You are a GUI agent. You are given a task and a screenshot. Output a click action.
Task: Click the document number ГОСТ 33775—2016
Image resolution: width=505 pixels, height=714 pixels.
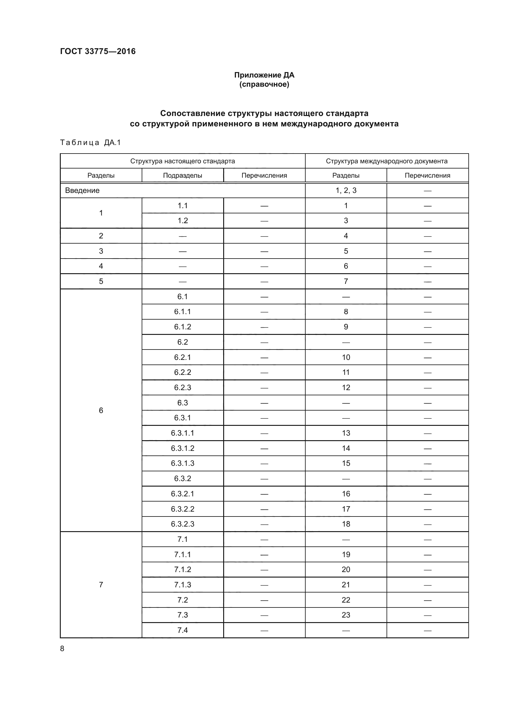pos(98,51)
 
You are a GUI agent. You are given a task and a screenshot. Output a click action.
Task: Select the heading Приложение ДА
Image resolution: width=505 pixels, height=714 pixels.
pos(264,75)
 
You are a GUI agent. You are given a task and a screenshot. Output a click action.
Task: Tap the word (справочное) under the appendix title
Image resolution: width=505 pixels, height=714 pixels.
pos(264,85)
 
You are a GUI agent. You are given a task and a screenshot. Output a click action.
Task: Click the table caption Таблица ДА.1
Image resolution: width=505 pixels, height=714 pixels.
pos(90,143)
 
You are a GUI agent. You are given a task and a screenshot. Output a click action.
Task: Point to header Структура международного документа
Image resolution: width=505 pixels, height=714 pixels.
pos(387,161)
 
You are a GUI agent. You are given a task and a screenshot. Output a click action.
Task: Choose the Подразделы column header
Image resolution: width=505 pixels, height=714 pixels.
pos(183,176)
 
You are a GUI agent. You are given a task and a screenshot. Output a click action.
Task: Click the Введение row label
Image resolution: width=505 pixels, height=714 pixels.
pos(82,190)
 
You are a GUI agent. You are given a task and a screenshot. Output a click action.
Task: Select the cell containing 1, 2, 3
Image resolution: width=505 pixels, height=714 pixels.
pos(346,190)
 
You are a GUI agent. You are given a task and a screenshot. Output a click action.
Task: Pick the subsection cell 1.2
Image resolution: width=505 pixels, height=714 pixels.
pos(183,220)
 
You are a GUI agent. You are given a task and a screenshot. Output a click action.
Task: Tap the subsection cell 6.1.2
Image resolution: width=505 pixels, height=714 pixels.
pos(183,327)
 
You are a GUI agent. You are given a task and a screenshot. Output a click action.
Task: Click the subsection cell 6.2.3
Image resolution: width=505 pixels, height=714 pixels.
pos(183,387)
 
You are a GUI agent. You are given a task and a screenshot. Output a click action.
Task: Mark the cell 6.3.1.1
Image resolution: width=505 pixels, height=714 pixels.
pos(183,433)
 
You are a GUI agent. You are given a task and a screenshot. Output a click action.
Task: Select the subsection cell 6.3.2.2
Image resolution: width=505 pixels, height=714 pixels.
pos(183,509)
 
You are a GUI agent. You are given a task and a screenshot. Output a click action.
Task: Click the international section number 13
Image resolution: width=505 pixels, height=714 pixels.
pos(346,433)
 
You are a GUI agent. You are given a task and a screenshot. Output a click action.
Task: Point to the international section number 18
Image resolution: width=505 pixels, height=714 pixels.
pos(346,524)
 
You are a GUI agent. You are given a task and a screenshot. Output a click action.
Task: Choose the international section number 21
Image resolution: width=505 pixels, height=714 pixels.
pos(346,585)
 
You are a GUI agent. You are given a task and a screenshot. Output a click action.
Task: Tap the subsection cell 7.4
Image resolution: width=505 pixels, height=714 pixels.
pos(183,630)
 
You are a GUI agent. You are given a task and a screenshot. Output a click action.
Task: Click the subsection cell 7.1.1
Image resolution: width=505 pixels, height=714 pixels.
pos(183,554)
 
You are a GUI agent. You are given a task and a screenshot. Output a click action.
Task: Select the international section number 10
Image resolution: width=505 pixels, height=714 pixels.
pos(346,357)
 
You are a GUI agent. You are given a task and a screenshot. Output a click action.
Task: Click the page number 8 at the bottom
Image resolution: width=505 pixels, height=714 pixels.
pos(62,648)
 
